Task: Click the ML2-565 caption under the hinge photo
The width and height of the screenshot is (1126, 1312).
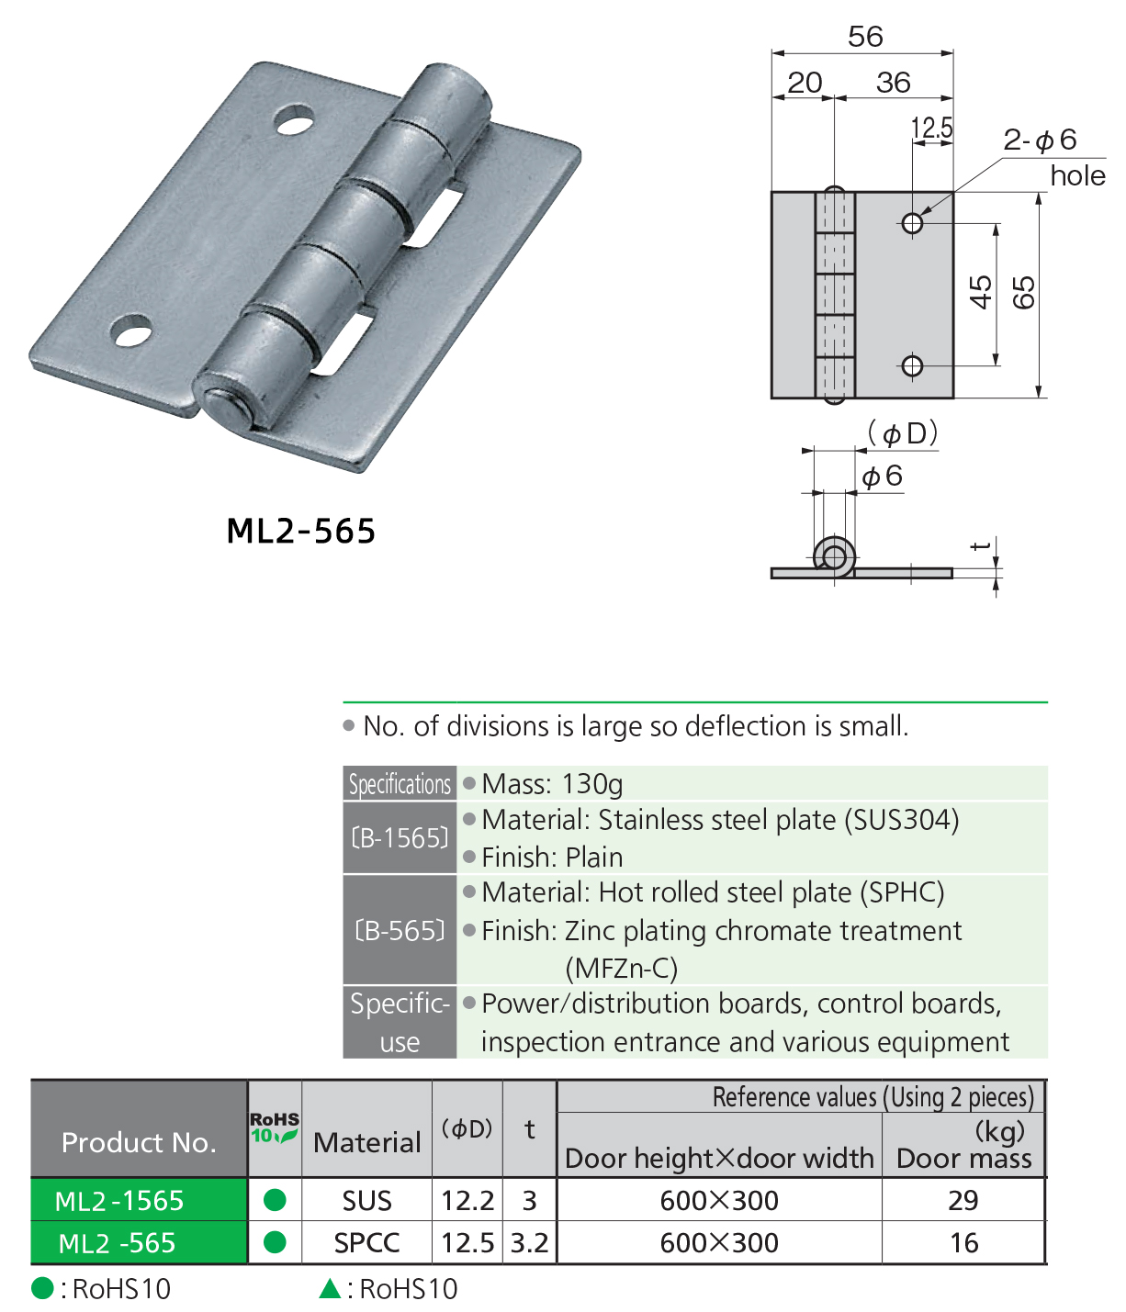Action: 301,532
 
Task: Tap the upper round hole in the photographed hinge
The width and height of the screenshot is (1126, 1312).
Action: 295,121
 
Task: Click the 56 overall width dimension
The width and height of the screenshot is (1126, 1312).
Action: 864,37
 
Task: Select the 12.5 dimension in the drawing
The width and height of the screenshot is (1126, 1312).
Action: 931,128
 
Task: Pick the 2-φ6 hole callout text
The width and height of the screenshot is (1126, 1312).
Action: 1040,140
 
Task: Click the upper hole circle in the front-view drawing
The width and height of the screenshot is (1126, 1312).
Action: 912,223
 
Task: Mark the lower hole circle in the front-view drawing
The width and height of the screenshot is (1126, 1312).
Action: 912,366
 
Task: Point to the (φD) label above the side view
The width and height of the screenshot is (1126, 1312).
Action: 903,433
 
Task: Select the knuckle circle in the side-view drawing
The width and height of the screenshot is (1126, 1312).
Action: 834,557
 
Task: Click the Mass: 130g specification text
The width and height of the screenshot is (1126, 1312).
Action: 552,784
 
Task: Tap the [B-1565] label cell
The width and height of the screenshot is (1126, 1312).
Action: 400,838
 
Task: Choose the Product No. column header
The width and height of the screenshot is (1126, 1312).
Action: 139,1142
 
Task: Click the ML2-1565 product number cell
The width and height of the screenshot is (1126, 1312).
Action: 119,1201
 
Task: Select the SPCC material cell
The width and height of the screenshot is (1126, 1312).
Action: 366,1243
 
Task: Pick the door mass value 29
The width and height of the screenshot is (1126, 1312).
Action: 963,1201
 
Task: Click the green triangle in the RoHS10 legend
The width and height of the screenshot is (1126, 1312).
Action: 330,1289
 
